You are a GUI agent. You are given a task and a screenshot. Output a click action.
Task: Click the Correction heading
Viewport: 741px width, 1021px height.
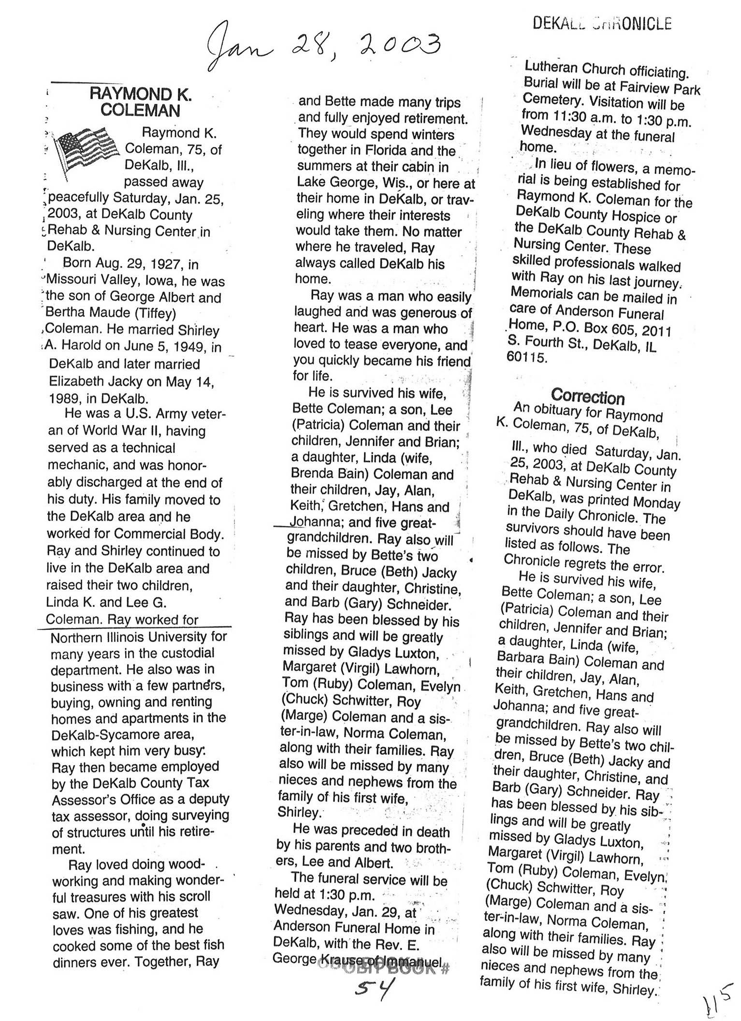tap(588, 397)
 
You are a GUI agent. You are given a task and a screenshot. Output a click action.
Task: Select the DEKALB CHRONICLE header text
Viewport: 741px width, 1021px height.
tap(602, 23)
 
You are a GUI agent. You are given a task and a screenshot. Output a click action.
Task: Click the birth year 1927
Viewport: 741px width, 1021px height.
tap(165, 264)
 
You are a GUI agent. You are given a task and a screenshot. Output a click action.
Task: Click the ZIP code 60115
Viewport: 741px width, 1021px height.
tap(526, 358)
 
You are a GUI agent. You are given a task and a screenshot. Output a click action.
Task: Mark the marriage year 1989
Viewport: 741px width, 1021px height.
tap(68, 398)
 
